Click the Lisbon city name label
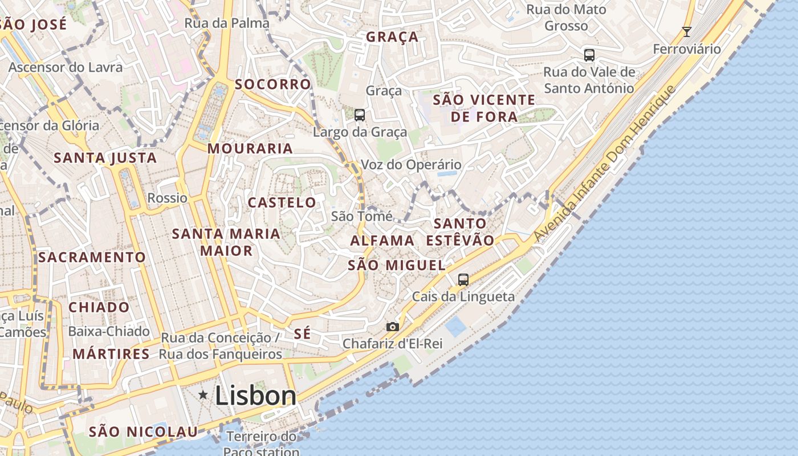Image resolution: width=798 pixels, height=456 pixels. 256,396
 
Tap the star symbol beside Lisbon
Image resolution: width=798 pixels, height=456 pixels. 203,394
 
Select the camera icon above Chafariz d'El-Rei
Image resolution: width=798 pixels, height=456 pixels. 392,327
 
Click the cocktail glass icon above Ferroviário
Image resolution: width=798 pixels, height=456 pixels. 687,31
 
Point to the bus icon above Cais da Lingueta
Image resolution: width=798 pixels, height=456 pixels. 463,280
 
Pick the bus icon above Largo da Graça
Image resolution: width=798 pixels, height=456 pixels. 360,115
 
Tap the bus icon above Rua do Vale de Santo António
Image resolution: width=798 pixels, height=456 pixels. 589,55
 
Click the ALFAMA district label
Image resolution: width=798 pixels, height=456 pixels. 382,241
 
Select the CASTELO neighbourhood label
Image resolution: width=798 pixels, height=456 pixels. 282,202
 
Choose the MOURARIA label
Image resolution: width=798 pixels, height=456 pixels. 250,149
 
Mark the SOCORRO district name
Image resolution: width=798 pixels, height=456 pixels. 273,84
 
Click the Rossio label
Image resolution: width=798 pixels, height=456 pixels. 168,198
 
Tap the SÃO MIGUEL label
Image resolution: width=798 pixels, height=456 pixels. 397,265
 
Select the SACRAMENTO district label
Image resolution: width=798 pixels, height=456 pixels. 92,258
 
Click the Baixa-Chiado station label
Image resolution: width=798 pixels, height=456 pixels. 109,331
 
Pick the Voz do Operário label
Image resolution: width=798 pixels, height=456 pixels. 411,165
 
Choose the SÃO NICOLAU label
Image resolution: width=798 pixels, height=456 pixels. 143,431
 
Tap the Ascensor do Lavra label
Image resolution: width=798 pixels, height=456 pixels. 65,67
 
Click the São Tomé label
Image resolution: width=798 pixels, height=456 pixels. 361,217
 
